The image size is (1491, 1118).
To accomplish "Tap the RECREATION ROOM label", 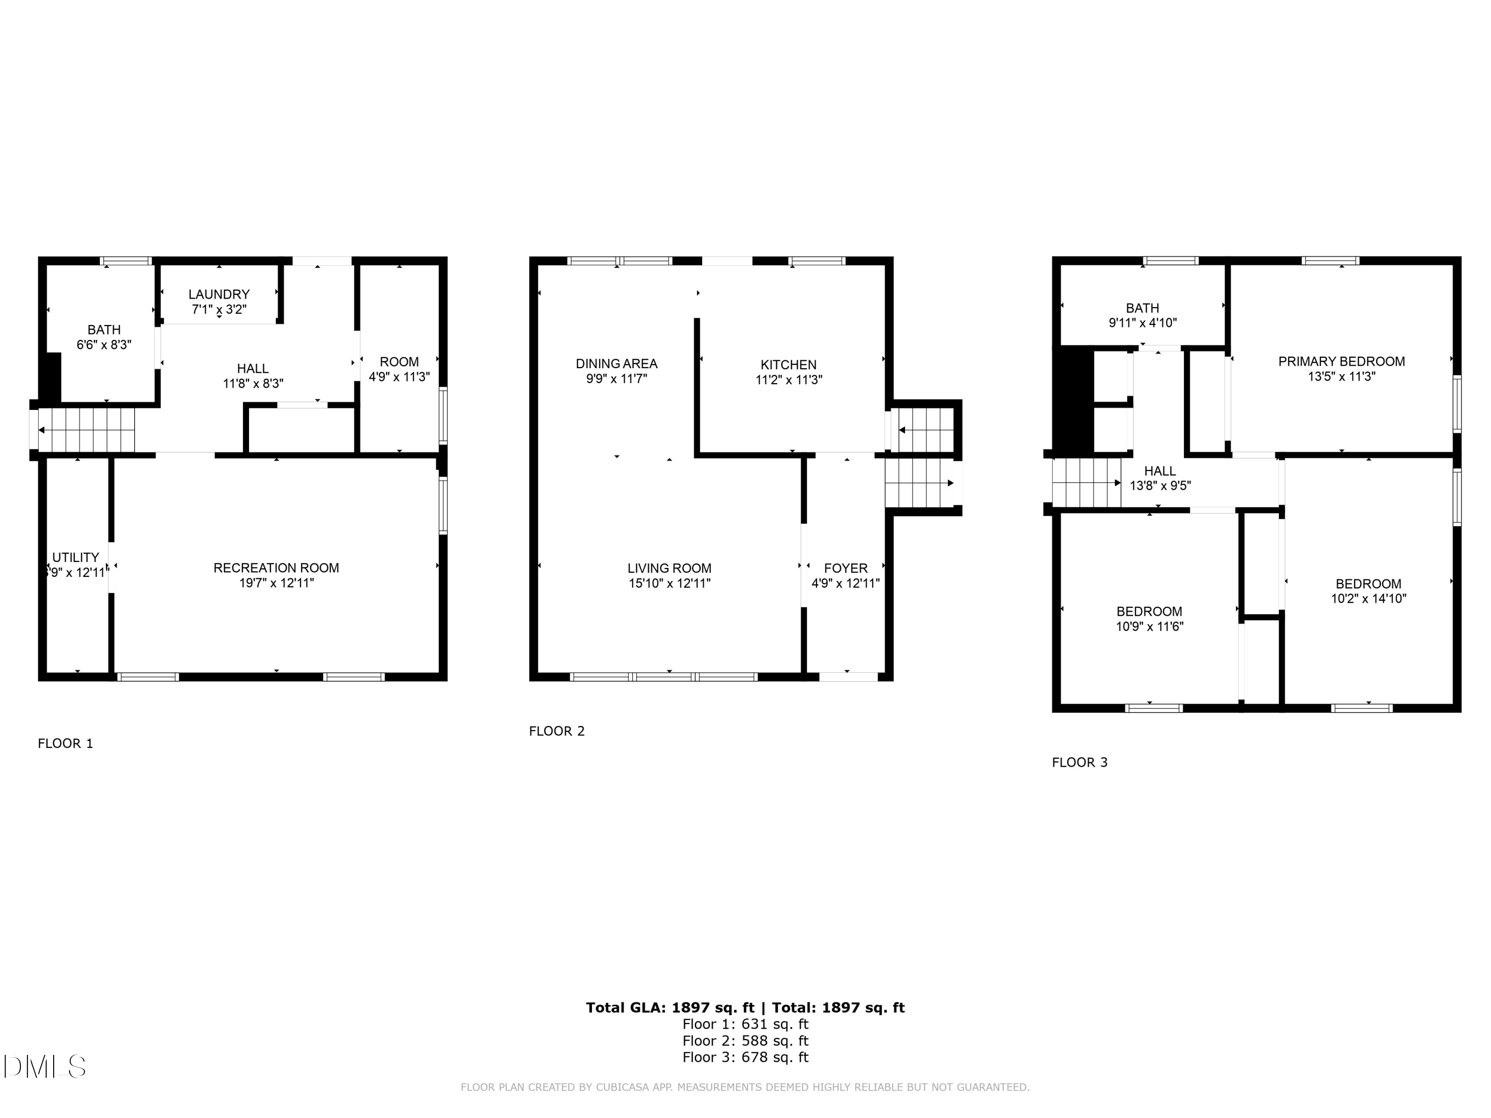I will click(x=276, y=568).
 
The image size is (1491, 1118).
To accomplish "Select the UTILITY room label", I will click(x=76, y=558).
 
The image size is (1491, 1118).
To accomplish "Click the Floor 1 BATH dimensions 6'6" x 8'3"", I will click(x=104, y=344).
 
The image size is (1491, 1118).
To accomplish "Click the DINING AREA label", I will click(x=616, y=364).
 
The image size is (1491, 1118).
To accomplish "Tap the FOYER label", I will click(x=845, y=568).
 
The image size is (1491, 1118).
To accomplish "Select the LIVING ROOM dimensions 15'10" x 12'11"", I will click(x=669, y=584).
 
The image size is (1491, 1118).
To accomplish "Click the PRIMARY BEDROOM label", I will click(x=1341, y=362).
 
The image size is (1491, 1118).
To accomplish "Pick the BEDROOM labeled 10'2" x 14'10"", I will click(x=1368, y=591).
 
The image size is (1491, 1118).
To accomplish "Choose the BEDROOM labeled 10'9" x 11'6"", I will click(x=1149, y=619).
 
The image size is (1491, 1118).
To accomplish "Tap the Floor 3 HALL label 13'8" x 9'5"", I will click(x=1160, y=478).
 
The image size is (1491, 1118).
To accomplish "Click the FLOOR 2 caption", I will click(x=557, y=731).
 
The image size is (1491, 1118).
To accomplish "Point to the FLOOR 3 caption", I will click(x=1079, y=762).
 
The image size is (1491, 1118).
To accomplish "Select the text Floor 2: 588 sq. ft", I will click(x=745, y=1040).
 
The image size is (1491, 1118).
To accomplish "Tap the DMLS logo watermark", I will click(x=45, y=1067).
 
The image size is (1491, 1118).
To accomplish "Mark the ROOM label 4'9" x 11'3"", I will click(x=399, y=369).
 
